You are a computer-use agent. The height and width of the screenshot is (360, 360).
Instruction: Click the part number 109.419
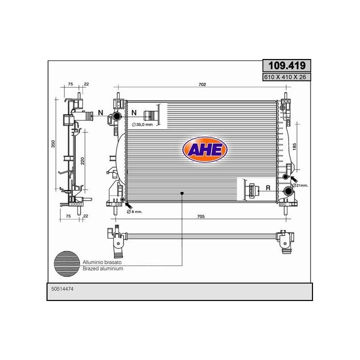point(287,65)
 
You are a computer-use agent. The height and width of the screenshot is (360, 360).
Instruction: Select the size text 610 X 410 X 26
point(285,77)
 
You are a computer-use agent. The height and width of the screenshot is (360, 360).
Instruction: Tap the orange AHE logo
point(205,149)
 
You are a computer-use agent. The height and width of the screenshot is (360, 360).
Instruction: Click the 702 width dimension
point(202,84)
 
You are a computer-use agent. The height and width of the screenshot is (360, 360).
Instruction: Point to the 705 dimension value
point(201,216)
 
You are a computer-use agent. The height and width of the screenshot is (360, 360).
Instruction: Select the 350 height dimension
point(53,144)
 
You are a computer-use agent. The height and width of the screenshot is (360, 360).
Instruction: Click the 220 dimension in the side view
point(82,161)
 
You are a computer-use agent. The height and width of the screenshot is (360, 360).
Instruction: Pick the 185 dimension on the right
point(295,146)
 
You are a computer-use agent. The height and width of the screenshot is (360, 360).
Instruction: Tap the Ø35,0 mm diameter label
point(142,124)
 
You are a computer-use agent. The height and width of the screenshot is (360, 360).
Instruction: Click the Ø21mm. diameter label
point(300,185)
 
